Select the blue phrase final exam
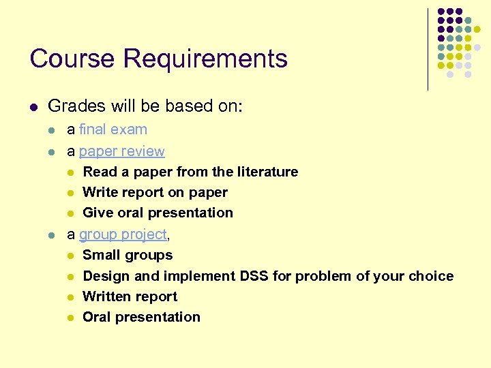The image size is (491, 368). pyautogui.click(x=113, y=129)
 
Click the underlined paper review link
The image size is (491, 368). pyautogui.click(x=121, y=151)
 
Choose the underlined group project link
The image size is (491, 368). pyautogui.click(x=123, y=234)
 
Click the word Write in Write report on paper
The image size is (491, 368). pyautogui.click(x=99, y=193)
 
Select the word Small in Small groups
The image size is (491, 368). pyautogui.click(x=100, y=256)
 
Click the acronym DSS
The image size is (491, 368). pyautogui.click(x=254, y=276)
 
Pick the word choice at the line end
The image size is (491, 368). pyautogui.click(x=432, y=276)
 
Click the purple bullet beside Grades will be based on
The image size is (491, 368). pyautogui.click(x=33, y=107)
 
